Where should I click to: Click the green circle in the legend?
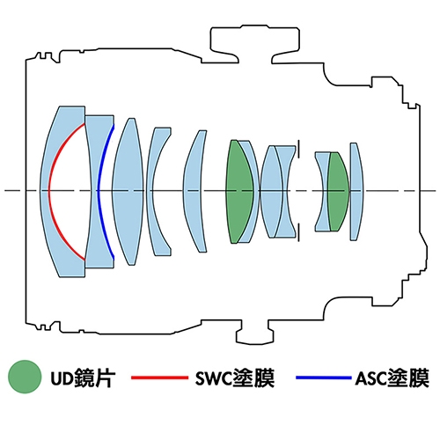click(x=25, y=377)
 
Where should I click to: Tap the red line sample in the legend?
click(x=159, y=378)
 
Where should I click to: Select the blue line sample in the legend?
click(x=324, y=378)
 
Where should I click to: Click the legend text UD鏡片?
click(x=83, y=378)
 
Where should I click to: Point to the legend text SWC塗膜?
click(x=235, y=378)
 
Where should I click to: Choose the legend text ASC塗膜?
click(x=392, y=378)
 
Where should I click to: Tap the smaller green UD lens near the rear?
click(x=338, y=191)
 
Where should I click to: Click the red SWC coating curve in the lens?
click(x=48, y=191)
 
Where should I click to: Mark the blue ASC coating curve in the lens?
click(x=99, y=191)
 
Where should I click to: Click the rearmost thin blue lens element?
click(x=356, y=191)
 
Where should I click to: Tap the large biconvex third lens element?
click(x=128, y=191)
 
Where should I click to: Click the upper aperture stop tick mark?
click(x=298, y=150)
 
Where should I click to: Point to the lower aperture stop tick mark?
click(x=298, y=232)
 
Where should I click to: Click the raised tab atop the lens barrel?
click(x=254, y=44)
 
